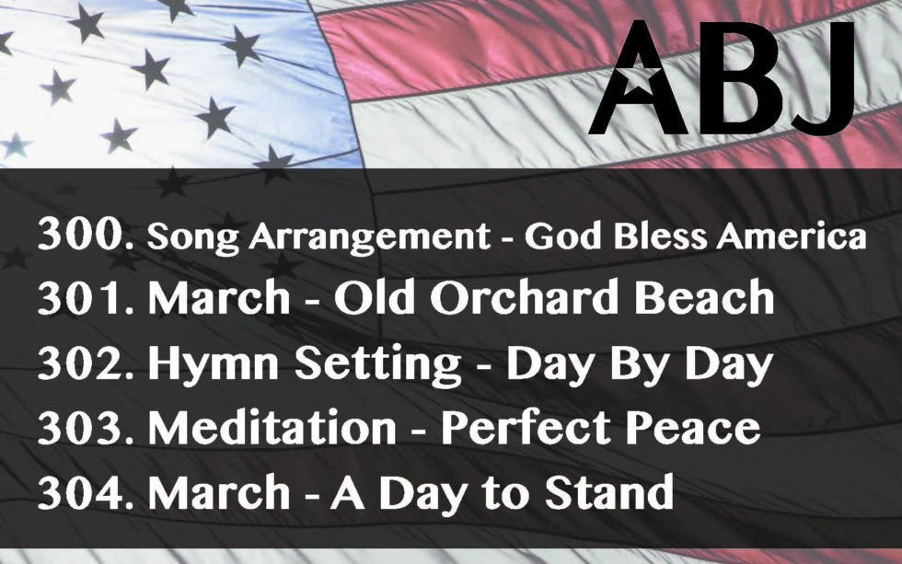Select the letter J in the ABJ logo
tap(818, 78)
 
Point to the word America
tap(791, 236)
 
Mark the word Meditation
tap(272, 427)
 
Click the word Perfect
tap(526, 427)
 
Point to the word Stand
tap(608, 491)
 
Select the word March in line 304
tap(219, 493)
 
